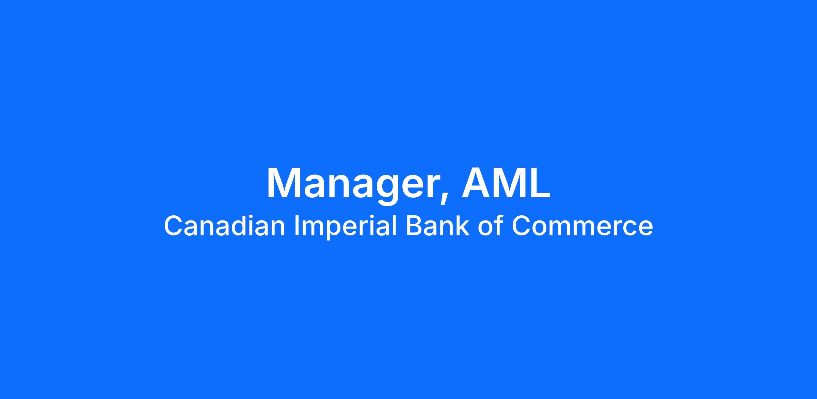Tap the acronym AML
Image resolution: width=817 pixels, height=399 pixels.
pyautogui.click(x=506, y=183)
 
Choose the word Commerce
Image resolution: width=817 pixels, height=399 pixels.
pyautogui.click(x=582, y=226)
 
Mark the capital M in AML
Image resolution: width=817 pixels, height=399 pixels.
pyautogui.click(x=509, y=183)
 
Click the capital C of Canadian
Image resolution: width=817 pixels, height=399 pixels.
pyautogui.click(x=174, y=226)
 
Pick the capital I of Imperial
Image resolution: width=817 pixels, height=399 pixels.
pyautogui.click(x=297, y=226)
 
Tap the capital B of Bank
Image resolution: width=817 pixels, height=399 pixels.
pyautogui.click(x=414, y=226)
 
